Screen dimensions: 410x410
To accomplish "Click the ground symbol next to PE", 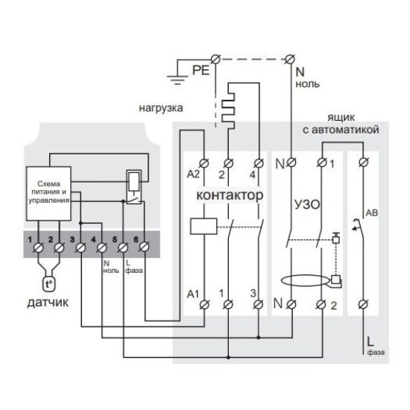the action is [x=177, y=80].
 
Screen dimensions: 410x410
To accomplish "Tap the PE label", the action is [x=201, y=70].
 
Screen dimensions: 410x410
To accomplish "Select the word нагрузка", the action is [x=161, y=108].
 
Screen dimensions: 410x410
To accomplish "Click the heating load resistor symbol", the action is [x=228, y=107].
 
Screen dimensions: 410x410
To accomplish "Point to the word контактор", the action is [x=230, y=195].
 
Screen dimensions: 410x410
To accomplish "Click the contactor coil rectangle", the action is [x=204, y=226].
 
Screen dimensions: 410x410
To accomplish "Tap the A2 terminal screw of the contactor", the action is [x=204, y=163].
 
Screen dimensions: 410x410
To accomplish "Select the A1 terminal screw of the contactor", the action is [x=204, y=304].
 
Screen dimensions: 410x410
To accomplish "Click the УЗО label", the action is [x=307, y=204].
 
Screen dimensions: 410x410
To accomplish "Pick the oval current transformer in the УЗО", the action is [x=304, y=281].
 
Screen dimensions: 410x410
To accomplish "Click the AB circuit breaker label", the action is [x=371, y=213].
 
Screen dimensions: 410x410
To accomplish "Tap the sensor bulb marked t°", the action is [x=49, y=284].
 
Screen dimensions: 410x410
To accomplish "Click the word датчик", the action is [x=48, y=303].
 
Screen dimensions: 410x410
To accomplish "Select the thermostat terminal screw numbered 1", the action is [x=39, y=247].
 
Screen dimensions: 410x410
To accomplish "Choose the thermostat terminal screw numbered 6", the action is [x=144, y=247].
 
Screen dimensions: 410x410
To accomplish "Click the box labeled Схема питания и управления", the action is [x=48, y=194].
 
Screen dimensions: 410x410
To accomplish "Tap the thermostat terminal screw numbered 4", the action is [x=101, y=247].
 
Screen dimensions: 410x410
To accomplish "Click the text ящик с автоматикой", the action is [x=341, y=124].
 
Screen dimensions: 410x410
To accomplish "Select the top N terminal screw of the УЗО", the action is [x=291, y=163].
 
